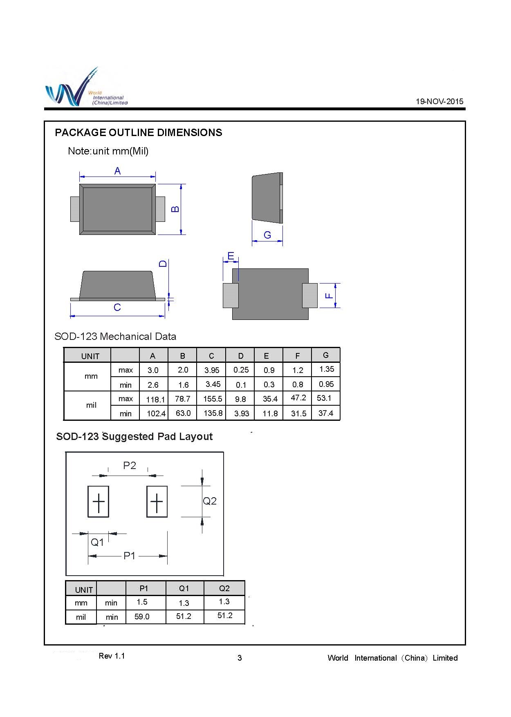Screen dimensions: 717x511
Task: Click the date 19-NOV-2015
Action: (439, 102)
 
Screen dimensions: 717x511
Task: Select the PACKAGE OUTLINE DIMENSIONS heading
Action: (139, 132)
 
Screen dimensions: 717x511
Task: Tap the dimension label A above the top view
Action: (117, 171)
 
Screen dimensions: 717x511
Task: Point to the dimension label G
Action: (267, 235)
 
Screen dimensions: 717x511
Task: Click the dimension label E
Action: (231, 256)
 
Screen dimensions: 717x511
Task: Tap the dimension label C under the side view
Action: (117, 307)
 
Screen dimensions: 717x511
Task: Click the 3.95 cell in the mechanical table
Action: (212, 370)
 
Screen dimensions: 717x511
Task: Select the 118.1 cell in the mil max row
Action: (155, 399)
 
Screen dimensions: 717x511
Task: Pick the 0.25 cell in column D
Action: (241, 370)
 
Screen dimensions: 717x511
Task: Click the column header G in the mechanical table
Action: (326, 355)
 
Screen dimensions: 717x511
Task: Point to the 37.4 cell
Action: (326, 413)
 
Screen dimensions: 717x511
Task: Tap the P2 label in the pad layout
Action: (130, 465)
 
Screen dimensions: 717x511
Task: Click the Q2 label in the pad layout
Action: (210, 501)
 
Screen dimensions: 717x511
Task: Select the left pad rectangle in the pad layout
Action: (99, 501)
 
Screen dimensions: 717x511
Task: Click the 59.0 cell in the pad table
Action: (142, 616)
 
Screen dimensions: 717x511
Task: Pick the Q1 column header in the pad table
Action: (184, 588)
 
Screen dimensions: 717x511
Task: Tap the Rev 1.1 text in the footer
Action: (112, 656)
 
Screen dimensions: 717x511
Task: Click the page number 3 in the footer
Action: (240, 658)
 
